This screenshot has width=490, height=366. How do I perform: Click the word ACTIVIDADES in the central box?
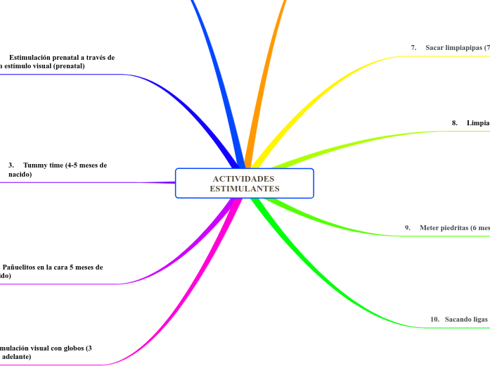click(244, 179)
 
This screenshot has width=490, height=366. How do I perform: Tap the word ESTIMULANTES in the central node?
click(244, 189)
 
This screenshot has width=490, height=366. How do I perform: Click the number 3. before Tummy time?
click(11, 165)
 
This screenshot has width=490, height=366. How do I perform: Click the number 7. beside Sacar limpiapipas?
click(414, 47)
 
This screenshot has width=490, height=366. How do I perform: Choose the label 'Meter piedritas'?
click(454, 227)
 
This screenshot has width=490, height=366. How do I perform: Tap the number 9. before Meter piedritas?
click(408, 227)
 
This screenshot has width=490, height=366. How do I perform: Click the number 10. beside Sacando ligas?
click(434, 320)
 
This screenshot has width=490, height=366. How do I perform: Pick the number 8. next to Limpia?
click(455, 122)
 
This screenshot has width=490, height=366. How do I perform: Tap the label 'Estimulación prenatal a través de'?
click(62, 57)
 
